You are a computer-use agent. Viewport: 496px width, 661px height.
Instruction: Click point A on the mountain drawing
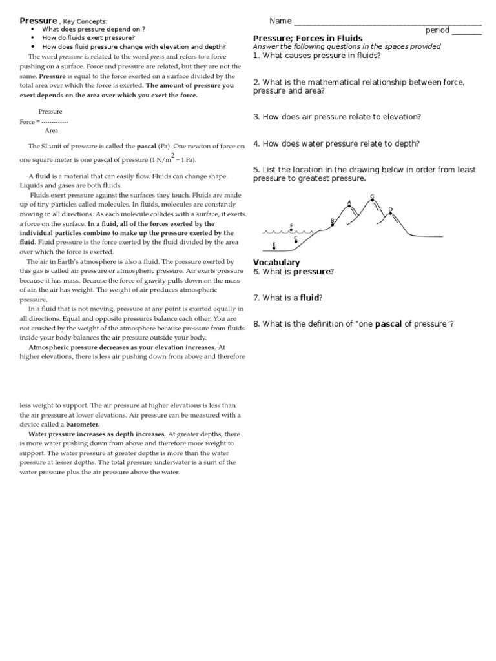349,206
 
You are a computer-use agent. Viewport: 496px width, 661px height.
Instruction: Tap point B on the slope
333,225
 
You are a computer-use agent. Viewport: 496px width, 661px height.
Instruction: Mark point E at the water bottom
274,249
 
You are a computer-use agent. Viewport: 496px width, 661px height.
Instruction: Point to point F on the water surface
291,230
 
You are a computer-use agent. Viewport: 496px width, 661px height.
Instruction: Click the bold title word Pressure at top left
38,21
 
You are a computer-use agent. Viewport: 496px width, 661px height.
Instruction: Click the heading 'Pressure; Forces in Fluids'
307,38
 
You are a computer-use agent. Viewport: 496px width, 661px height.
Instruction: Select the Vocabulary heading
276,262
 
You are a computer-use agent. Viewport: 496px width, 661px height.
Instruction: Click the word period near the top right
437,30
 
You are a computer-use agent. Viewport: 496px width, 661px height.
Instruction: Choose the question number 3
256,117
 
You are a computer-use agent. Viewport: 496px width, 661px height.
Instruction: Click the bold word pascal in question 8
389,323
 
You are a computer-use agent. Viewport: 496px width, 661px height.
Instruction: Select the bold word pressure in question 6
312,272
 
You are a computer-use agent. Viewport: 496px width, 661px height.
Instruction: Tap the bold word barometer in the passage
83,425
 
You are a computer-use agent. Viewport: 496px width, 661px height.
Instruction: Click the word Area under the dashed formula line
52,130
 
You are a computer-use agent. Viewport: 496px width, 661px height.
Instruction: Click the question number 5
256,170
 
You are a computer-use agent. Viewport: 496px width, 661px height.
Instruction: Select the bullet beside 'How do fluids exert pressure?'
32,38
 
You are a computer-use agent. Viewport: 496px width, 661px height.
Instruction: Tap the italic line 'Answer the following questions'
347,46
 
